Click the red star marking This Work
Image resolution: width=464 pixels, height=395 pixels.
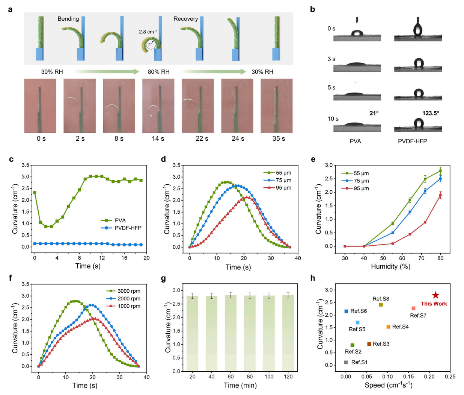pos(435,295)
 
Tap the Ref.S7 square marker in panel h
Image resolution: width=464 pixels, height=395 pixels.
pos(413,308)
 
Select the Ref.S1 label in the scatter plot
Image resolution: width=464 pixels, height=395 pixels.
pos(359,362)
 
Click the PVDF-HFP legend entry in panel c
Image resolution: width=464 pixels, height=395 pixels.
pos(128,228)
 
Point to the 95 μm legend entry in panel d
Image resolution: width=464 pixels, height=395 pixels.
pos(283,188)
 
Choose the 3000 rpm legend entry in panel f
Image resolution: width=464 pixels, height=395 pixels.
pos(129,291)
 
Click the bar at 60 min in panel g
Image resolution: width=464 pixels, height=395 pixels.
pos(230,333)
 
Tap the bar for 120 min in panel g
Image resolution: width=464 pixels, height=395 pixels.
pos(288,333)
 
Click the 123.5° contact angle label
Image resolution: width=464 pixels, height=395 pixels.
pos(431,113)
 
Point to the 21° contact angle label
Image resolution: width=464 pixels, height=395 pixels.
pos(374,113)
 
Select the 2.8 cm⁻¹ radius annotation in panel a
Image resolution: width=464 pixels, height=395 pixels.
pos(148,32)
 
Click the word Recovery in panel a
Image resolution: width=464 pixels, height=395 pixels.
pos(185,19)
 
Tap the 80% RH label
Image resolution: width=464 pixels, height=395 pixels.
pos(158,72)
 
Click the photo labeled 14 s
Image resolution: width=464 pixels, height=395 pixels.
pos(158,106)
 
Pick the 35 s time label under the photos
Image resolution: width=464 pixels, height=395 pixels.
pos(279,139)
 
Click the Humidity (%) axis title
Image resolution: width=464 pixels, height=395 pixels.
pos(390,266)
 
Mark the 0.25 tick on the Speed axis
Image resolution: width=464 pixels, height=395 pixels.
pos(450,376)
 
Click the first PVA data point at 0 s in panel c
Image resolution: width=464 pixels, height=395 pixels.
pos(35,193)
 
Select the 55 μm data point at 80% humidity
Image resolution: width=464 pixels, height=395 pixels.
pos(440,171)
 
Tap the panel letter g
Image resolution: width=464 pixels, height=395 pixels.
pos(163,278)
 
